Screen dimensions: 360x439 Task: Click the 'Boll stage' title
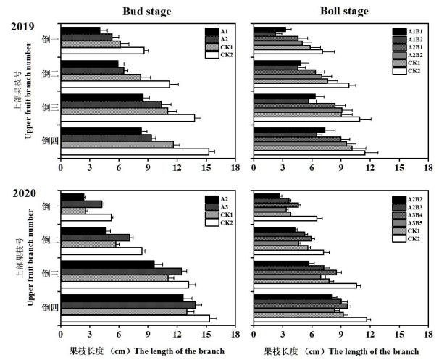pos(344,11)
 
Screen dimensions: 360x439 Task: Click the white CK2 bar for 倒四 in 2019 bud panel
pos(134,151)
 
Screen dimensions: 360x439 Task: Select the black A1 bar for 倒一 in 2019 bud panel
pos(80,30)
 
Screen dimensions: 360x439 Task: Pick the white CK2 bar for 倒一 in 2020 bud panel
pos(85,217)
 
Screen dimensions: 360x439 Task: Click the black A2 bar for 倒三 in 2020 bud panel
pos(107,264)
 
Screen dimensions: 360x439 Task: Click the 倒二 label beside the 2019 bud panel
pos(49,72)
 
